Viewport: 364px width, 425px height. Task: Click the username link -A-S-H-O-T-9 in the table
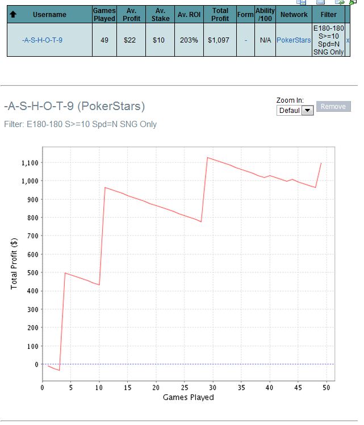coord(42,40)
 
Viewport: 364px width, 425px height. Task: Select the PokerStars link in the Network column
coord(294,40)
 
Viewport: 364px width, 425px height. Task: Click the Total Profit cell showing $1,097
coord(220,40)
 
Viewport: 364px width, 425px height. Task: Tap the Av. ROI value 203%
coord(189,40)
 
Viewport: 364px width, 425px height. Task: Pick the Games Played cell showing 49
coord(104,40)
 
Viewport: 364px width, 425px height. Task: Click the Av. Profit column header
coord(131,14)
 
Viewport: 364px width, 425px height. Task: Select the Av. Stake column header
coord(161,14)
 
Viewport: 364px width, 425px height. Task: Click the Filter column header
coord(328,14)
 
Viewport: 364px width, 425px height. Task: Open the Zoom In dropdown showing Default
coord(295,111)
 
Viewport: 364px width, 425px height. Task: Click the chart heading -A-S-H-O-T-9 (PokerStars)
coord(74,106)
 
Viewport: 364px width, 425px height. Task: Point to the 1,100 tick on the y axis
coord(30,163)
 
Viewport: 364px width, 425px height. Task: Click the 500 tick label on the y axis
coord(32,273)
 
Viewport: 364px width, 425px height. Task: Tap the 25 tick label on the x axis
coord(185,387)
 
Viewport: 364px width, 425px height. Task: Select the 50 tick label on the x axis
coord(327,387)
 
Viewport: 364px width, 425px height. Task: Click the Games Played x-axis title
coord(188,398)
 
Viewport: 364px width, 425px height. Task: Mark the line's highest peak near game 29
coord(207,158)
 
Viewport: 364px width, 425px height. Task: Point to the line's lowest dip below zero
coord(59,370)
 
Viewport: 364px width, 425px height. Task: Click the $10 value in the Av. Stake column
coord(160,40)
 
